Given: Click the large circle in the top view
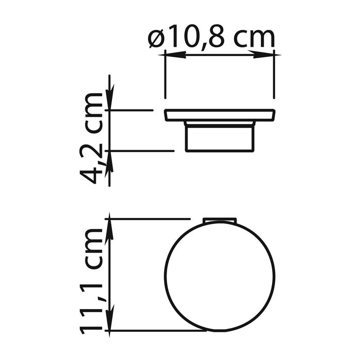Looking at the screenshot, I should (x=220, y=275).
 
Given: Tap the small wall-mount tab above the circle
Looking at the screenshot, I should (x=220, y=221).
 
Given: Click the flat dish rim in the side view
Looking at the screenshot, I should (x=220, y=115).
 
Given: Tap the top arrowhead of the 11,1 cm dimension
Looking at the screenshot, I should (x=109, y=226).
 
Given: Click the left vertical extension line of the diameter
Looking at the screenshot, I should (x=165, y=75).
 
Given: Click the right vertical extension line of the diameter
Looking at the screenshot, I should (x=274, y=75).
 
